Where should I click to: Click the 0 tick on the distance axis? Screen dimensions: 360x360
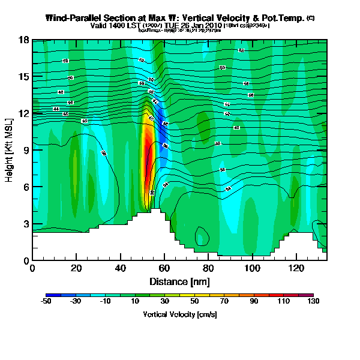coord(32,268)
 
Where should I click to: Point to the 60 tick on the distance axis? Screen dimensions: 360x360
coord(165,268)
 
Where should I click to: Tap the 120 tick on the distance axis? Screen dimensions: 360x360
coord(297,268)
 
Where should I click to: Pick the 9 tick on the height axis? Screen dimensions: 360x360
coord(26,150)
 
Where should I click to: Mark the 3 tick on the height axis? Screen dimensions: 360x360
coord(26,224)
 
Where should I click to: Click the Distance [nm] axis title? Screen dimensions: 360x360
coord(179,281)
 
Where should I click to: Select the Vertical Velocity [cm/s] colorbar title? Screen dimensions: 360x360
coord(179,314)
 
